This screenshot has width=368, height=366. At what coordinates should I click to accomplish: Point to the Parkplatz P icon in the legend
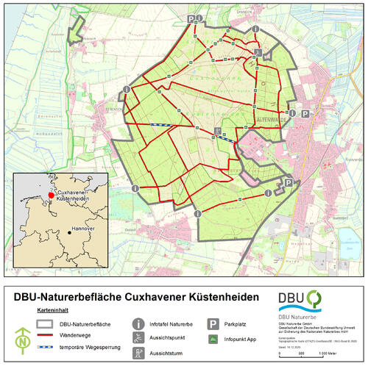211,323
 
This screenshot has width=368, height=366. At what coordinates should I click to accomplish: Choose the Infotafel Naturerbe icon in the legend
138,323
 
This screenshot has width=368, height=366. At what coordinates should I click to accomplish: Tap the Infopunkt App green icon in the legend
211,338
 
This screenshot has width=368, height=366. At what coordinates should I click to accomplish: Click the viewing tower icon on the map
258,52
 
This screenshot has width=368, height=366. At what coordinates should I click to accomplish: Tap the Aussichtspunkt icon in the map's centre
218,132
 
